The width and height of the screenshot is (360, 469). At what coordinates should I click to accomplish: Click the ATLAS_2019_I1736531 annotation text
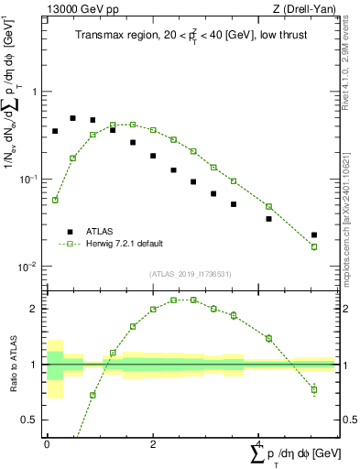coord(190,274)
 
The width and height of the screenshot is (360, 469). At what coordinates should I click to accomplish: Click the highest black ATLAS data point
coord(73,118)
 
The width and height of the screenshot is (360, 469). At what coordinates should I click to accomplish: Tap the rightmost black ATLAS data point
coord(314,235)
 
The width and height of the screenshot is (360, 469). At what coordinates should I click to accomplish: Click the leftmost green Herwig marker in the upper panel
coord(55,200)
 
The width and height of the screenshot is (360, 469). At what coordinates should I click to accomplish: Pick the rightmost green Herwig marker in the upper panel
coord(314,247)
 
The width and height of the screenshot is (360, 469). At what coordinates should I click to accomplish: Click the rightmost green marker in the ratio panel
coord(314,389)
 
